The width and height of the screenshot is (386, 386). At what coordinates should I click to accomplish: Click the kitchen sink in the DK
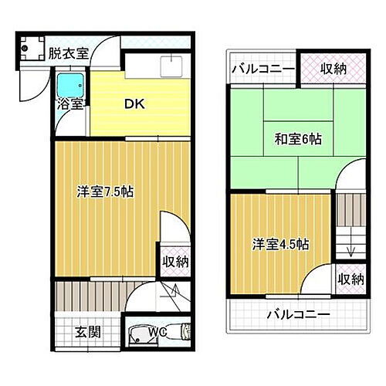tap(168, 66)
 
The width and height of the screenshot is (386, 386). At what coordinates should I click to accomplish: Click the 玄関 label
tap(86, 333)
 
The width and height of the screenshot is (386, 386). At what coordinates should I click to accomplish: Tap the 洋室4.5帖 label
tap(280, 244)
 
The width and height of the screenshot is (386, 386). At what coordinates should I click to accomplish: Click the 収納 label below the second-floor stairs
tap(350, 279)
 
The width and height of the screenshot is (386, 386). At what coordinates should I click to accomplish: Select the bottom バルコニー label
tap(298, 315)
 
